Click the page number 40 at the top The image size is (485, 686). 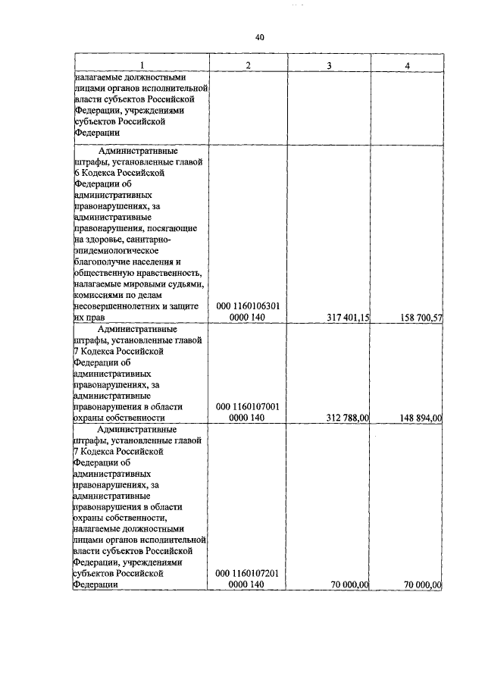[x=259, y=37]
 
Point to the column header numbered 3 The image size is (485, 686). [x=329, y=66]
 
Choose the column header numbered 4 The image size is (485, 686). [x=408, y=66]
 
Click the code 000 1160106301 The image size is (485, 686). [x=248, y=306]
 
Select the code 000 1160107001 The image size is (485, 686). [x=248, y=406]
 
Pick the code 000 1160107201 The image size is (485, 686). [x=248, y=573]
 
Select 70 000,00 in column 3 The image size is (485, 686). [x=348, y=584]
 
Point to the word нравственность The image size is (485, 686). [x=162, y=273]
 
